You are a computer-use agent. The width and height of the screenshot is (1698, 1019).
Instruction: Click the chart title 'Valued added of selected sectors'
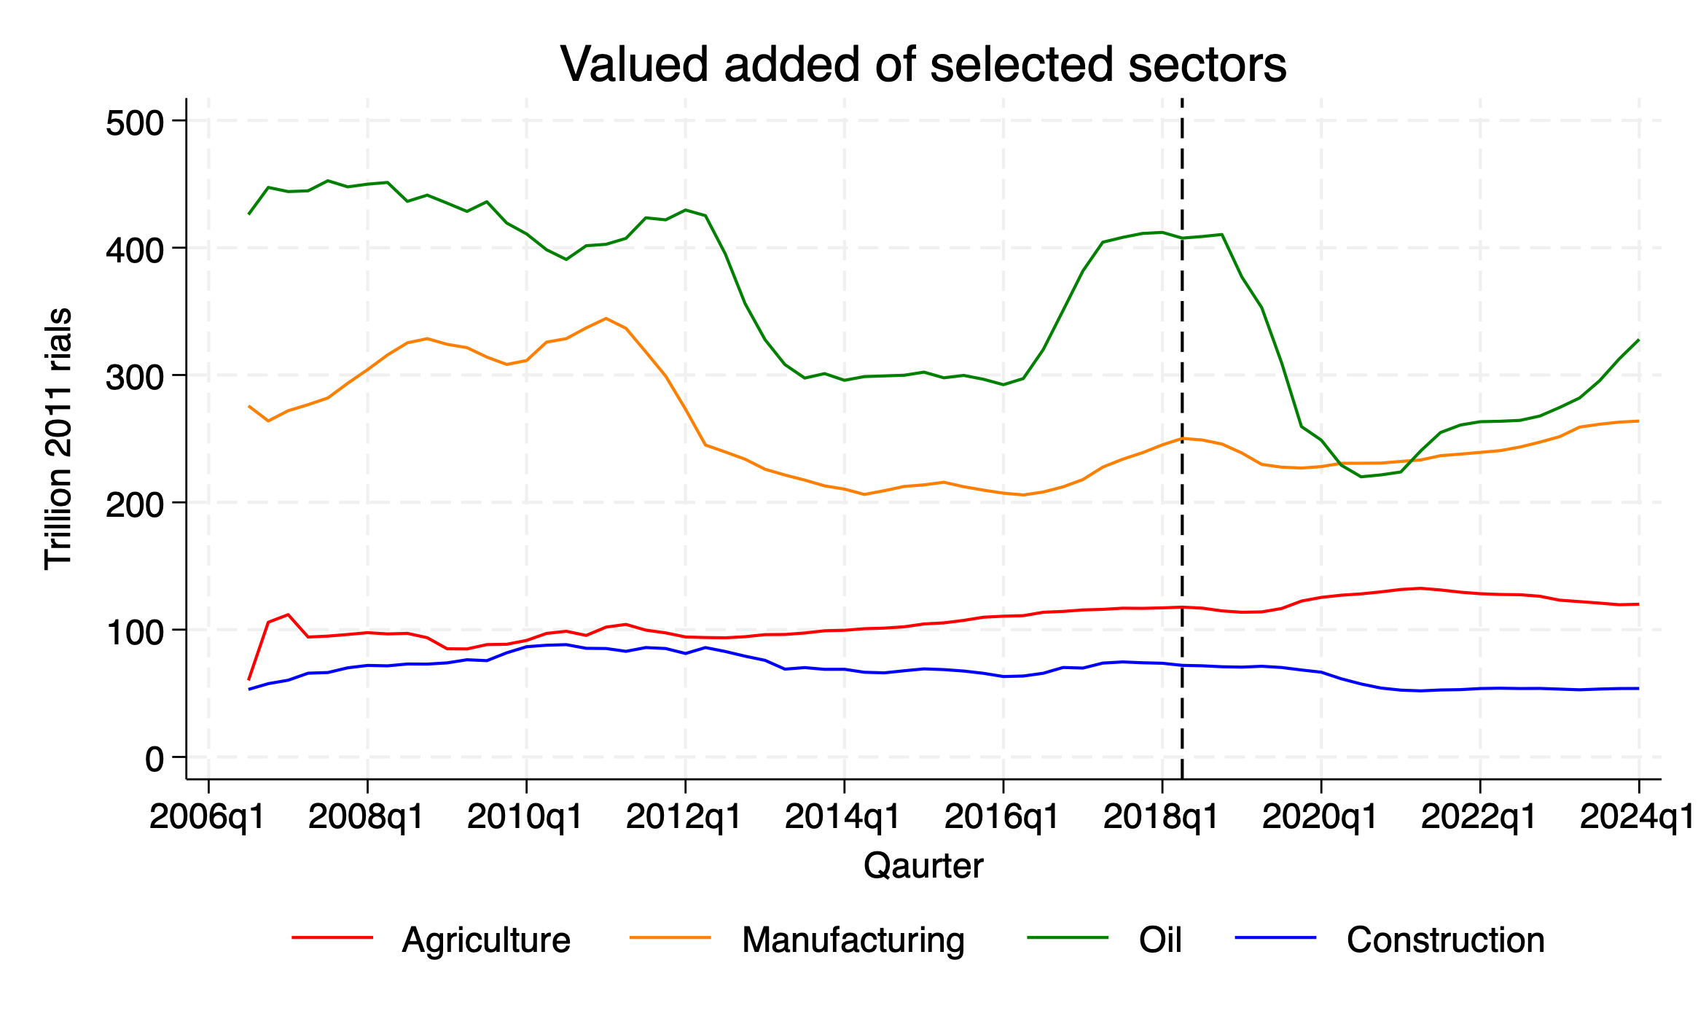pyautogui.click(x=923, y=64)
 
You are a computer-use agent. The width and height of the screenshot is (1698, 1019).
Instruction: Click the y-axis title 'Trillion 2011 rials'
pyautogui.click(x=58, y=439)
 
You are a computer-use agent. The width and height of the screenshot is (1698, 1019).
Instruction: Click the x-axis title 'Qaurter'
pyautogui.click(x=923, y=866)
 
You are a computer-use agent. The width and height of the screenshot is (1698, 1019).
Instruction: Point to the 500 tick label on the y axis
pyautogui.click(x=135, y=122)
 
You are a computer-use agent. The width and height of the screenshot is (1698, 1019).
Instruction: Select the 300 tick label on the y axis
pyautogui.click(x=135, y=377)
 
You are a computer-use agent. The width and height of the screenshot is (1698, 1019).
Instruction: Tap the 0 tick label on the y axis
pyautogui.click(x=154, y=760)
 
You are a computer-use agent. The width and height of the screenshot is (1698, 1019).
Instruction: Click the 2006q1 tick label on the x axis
pyautogui.click(x=207, y=817)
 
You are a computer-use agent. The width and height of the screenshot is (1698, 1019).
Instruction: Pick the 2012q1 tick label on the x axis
pyautogui.click(x=684, y=817)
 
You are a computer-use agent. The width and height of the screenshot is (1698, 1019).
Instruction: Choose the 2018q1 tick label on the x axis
pyautogui.click(x=1161, y=817)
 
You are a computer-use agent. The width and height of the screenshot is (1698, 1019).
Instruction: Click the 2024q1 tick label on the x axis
pyautogui.click(x=1637, y=817)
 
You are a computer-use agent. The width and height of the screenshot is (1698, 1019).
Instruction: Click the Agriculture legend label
pyautogui.click(x=486, y=940)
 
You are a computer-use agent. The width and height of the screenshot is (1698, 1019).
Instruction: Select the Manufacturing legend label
pyautogui.click(x=853, y=940)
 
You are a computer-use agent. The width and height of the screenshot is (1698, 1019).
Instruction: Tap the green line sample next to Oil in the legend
pyautogui.click(x=1067, y=937)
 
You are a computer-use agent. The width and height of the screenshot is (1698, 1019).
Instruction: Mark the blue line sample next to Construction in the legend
pyautogui.click(x=1275, y=937)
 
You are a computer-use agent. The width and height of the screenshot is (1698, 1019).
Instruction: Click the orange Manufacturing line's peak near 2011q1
pyautogui.click(x=606, y=319)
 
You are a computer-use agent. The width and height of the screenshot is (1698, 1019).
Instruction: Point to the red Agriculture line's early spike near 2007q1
pyautogui.click(x=288, y=614)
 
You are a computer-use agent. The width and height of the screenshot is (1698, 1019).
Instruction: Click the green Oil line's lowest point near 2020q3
pyautogui.click(x=1361, y=477)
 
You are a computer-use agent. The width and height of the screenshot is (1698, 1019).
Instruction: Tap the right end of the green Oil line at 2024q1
pyautogui.click(x=1638, y=340)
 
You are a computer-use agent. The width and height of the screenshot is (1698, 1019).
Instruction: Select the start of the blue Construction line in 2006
pyautogui.click(x=249, y=689)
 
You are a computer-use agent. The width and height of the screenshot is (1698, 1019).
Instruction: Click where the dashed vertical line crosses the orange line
pyautogui.click(x=1181, y=438)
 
